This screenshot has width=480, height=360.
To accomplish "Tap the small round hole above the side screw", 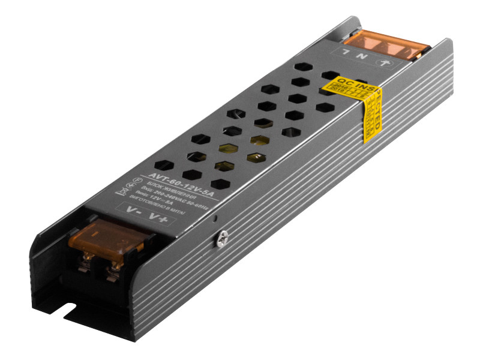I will pos(215,218).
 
